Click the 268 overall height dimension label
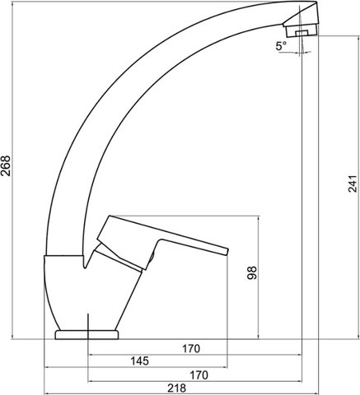tap(6, 165)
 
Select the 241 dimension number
tap(353, 184)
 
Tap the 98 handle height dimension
tap(252, 272)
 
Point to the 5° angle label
tap(281, 46)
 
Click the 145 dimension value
tap(139, 361)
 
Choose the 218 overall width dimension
tap(176, 388)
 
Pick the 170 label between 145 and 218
tap(199, 375)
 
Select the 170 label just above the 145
tap(191, 349)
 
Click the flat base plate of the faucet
tap(86, 335)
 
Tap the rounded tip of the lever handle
tap(227, 252)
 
